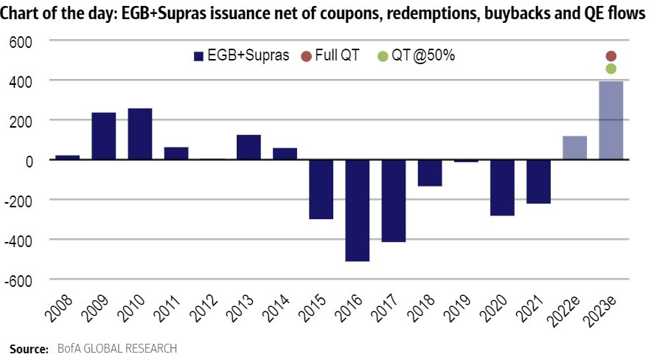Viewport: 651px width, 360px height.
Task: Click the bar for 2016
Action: (357, 210)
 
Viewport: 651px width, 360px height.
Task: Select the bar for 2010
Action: (140, 134)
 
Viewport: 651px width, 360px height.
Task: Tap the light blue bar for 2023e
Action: (610, 120)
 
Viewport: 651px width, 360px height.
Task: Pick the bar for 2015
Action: (321, 189)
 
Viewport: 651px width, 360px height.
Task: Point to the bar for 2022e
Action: (574, 148)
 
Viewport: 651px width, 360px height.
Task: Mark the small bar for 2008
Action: (67, 157)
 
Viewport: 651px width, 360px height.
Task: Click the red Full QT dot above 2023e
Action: (611, 56)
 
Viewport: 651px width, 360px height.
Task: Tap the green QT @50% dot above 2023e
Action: (611, 69)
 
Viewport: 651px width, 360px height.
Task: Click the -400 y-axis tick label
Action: (20, 240)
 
